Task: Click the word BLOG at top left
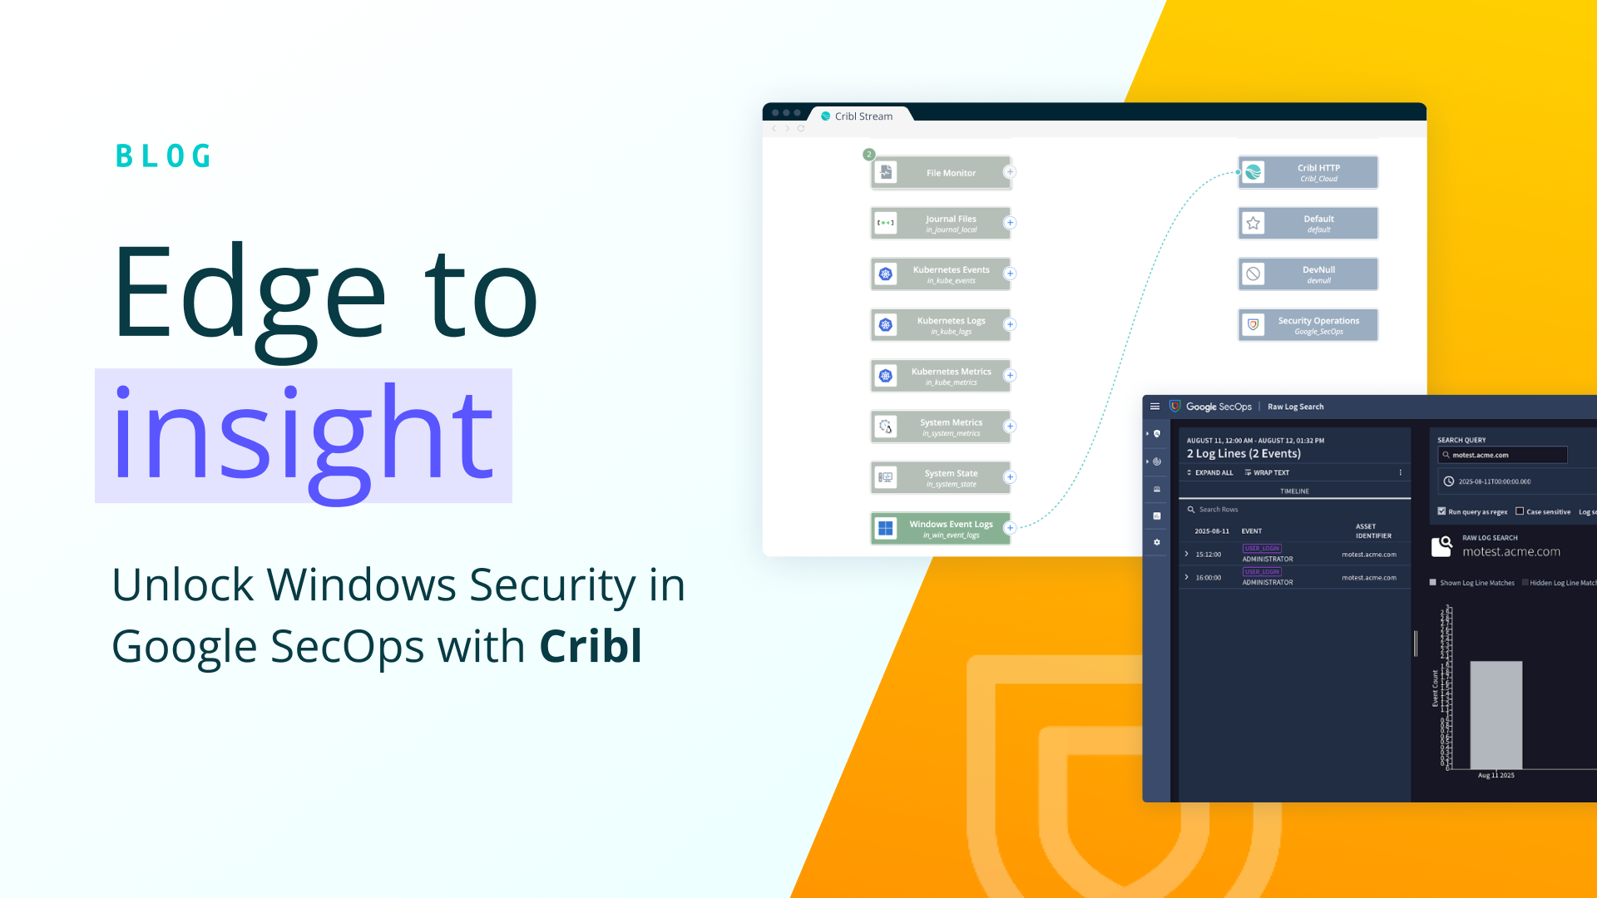coord(164,156)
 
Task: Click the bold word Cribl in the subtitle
coord(591,646)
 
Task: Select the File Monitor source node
coord(941,173)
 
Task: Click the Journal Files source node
coord(941,224)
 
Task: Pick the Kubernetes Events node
coord(941,274)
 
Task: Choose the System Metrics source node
coord(941,427)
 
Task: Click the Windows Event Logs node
coord(941,529)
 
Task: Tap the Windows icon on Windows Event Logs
coord(886,529)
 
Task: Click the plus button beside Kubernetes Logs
coord(1010,324)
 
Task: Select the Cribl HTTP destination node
coord(1308,172)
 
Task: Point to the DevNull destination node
coord(1308,274)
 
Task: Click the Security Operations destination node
coord(1308,325)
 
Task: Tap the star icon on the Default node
coord(1253,224)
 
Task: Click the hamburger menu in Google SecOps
coord(1154,407)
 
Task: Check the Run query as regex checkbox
coord(1441,511)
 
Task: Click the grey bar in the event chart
coord(1496,715)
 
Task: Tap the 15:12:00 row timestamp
coord(1209,555)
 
